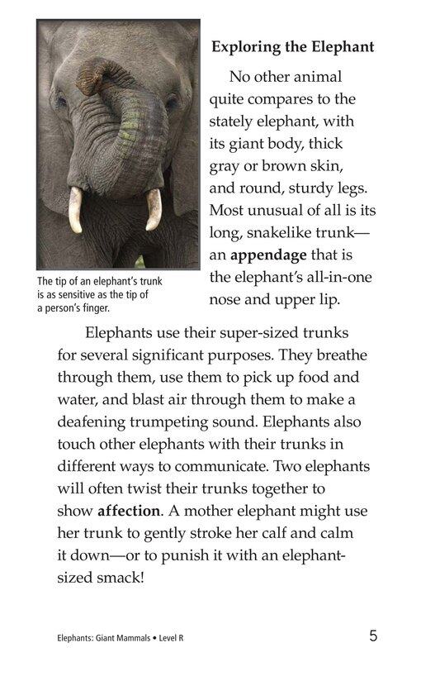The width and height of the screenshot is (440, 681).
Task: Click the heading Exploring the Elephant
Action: point(292,47)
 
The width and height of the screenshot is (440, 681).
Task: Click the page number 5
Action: point(373,636)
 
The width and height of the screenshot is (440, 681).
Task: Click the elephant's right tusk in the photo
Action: point(154,209)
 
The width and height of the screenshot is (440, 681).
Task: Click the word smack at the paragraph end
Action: point(121,578)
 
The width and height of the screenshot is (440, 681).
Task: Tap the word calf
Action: point(272,533)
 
